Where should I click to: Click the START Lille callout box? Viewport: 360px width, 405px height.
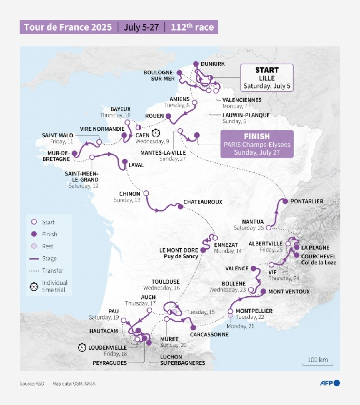(x=267, y=78)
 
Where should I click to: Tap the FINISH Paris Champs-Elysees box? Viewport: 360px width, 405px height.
(x=257, y=144)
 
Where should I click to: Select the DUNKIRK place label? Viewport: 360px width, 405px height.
(x=213, y=64)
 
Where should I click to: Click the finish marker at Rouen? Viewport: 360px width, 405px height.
(x=168, y=116)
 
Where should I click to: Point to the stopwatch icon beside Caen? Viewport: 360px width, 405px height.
(x=156, y=133)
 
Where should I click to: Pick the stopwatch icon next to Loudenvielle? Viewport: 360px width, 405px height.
(x=82, y=347)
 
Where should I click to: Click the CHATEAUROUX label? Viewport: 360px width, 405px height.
(x=203, y=202)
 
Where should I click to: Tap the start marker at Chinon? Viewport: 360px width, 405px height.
(x=146, y=193)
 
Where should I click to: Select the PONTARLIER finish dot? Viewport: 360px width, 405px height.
(x=285, y=201)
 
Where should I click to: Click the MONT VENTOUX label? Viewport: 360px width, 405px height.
(x=289, y=291)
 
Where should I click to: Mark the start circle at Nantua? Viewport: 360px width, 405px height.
(x=269, y=228)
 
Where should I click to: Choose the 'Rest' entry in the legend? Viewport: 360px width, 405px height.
(x=47, y=246)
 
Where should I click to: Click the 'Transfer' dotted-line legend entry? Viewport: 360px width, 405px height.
(x=52, y=270)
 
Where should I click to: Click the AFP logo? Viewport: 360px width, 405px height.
(x=329, y=383)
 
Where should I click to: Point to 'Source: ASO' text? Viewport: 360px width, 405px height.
(x=32, y=384)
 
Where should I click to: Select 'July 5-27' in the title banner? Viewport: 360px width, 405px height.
(x=141, y=27)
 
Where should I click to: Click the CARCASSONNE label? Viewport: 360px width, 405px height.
(x=209, y=334)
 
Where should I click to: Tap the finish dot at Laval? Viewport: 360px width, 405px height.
(x=125, y=162)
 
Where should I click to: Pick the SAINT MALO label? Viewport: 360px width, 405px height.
(x=57, y=135)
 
